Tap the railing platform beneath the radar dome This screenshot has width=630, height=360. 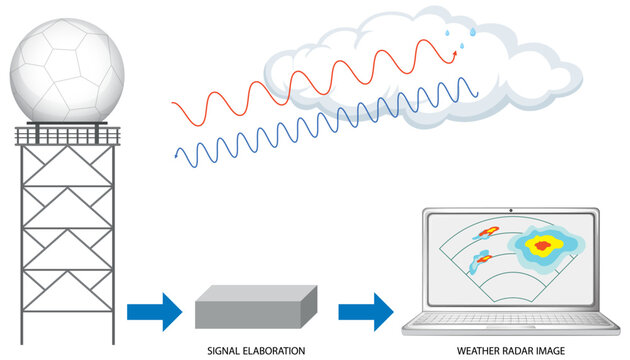click(68, 133)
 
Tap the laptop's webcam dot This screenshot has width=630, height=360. click(512, 211)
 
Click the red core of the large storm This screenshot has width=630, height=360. click(543, 245)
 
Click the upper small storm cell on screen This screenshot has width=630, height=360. click(489, 232)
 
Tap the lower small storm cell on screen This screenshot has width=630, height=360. click(484, 260)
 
